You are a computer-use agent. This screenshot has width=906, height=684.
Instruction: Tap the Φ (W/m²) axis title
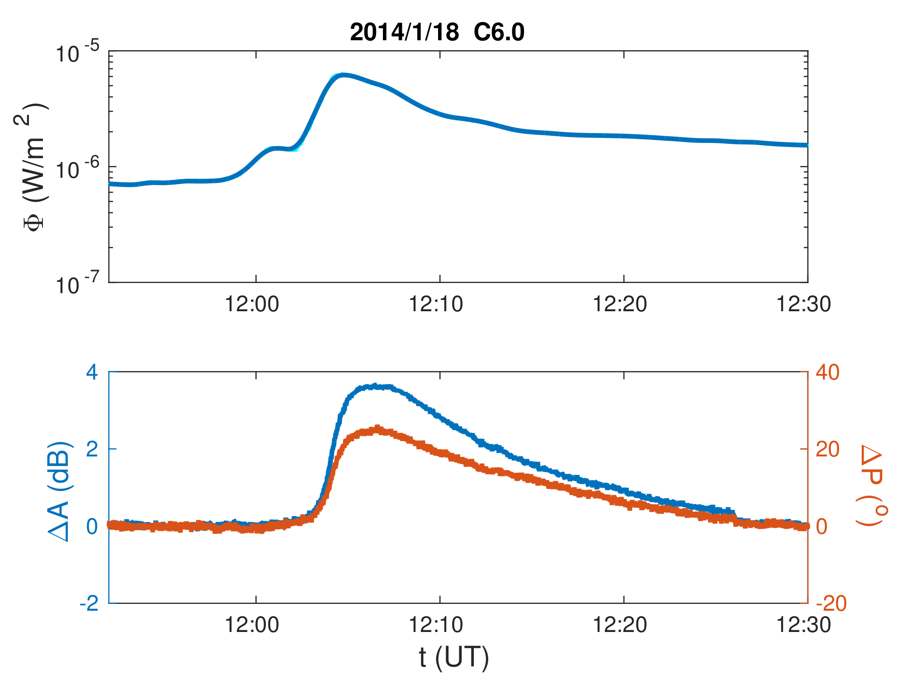click(34, 166)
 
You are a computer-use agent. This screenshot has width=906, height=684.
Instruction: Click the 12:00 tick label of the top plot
click(252, 304)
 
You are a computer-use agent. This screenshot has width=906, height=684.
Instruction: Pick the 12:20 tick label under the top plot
click(620, 304)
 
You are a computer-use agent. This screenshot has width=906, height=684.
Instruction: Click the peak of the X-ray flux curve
click(344, 75)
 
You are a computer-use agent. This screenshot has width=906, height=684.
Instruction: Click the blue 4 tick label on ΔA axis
click(92, 373)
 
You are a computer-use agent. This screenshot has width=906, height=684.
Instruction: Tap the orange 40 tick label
click(827, 373)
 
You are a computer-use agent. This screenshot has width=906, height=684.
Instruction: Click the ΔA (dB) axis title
click(61, 490)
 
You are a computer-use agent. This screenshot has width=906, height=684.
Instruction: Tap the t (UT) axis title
click(453, 657)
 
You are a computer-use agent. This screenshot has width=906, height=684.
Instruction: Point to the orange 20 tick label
click(827, 450)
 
